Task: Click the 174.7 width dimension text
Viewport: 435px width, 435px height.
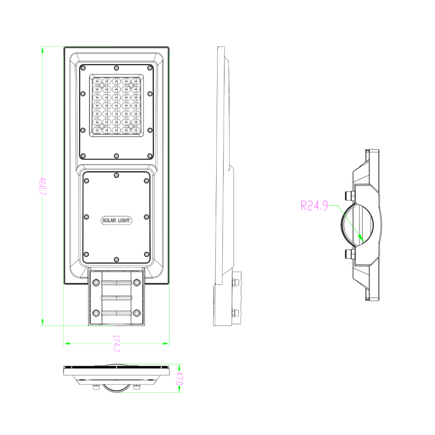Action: (x=116, y=343)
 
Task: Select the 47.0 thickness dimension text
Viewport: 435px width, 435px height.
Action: (x=178, y=378)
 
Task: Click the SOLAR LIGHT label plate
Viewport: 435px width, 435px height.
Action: (x=116, y=221)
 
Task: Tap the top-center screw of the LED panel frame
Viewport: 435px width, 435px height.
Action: (x=116, y=67)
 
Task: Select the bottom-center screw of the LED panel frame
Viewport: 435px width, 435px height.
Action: (x=116, y=156)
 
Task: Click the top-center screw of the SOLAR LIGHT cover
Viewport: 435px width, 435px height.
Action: (x=116, y=175)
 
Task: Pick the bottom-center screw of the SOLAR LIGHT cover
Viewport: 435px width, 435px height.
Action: (x=116, y=260)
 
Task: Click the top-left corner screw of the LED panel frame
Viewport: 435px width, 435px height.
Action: (x=83, y=67)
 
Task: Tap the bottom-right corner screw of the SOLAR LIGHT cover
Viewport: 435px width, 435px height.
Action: (x=147, y=255)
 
